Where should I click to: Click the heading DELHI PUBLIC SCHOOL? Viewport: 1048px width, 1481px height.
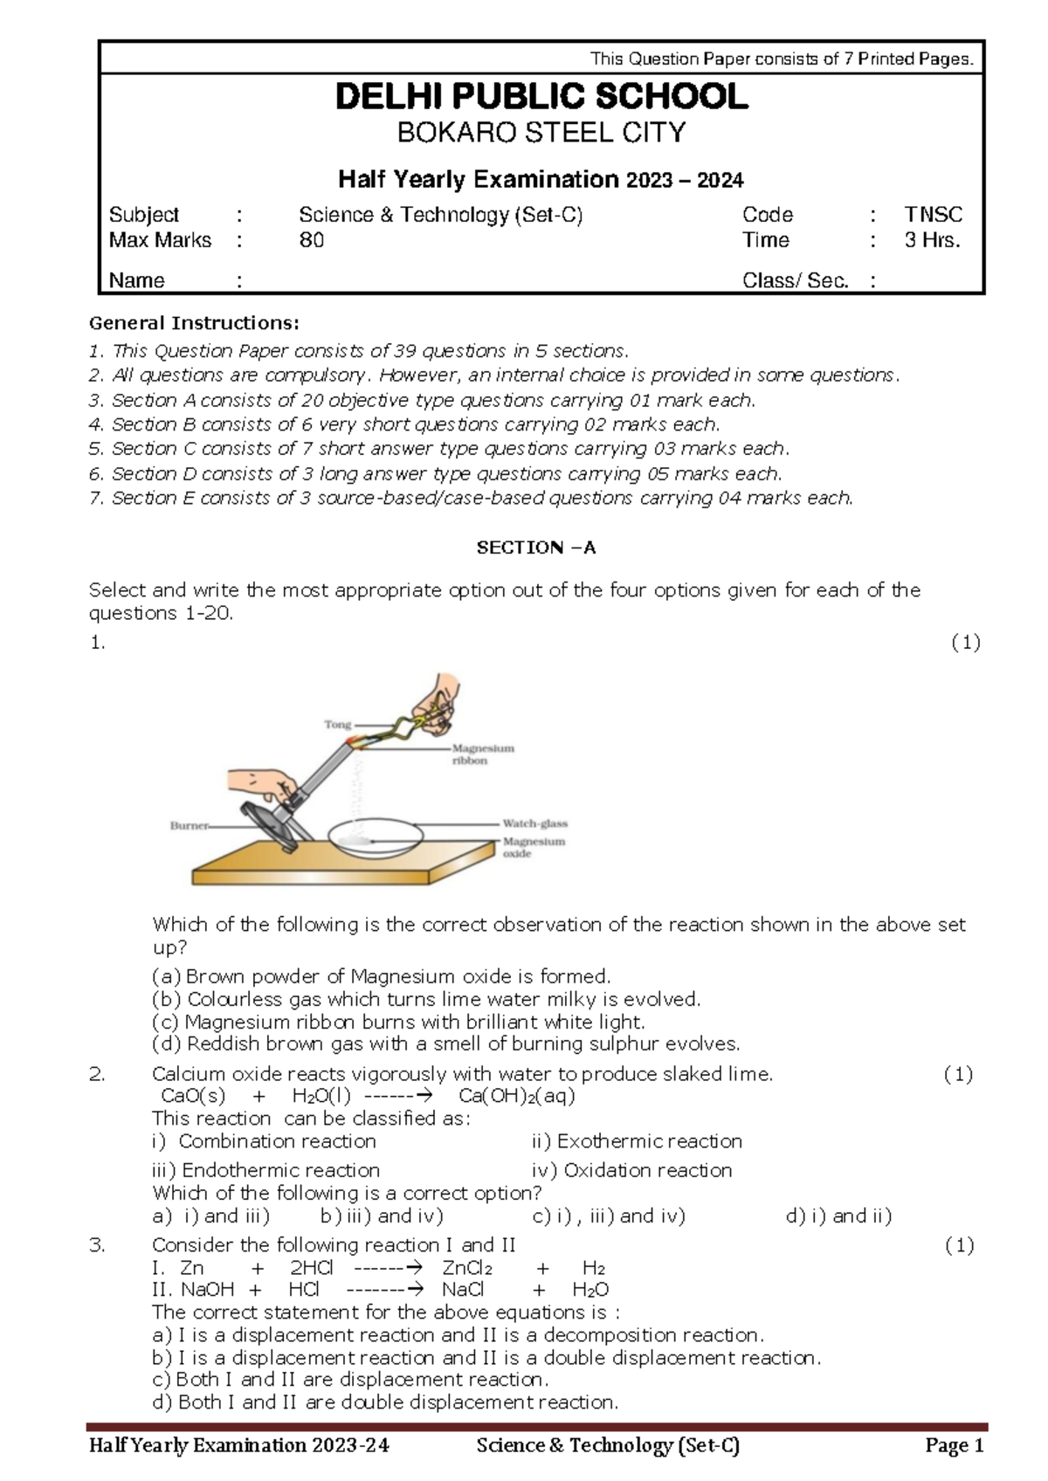(541, 97)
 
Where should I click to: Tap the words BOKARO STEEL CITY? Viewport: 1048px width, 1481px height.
(541, 133)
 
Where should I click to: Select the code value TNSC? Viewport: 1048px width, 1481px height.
(933, 215)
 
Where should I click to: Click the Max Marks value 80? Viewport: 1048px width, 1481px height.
(312, 240)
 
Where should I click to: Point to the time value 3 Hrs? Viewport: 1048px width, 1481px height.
(932, 240)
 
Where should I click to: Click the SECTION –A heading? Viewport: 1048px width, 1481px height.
(535, 548)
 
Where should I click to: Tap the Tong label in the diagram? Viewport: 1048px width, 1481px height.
(337, 724)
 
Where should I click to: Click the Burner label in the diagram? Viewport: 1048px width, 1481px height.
(189, 825)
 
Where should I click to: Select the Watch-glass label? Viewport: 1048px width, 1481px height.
(534, 823)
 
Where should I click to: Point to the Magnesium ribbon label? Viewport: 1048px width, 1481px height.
(482, 754)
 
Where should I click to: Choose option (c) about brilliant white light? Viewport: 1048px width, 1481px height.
(398, 1022)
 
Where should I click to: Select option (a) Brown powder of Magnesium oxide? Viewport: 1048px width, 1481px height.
(382, 976)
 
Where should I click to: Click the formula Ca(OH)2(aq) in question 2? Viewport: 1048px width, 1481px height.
(516, 1096)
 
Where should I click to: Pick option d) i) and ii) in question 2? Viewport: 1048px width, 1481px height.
(838, 1216)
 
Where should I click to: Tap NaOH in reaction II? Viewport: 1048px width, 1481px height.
(207, 1290)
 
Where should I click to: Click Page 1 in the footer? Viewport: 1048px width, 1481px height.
(955, 1445)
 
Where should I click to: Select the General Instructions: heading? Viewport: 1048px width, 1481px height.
(194, 323)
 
